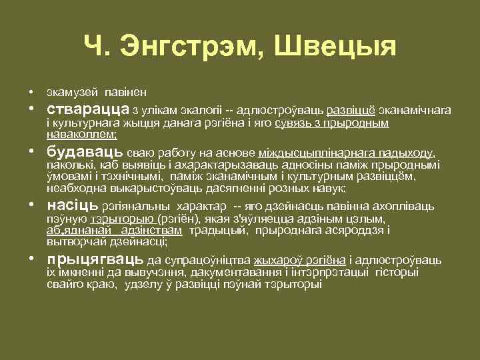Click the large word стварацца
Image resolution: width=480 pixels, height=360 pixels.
coord(88,109)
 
